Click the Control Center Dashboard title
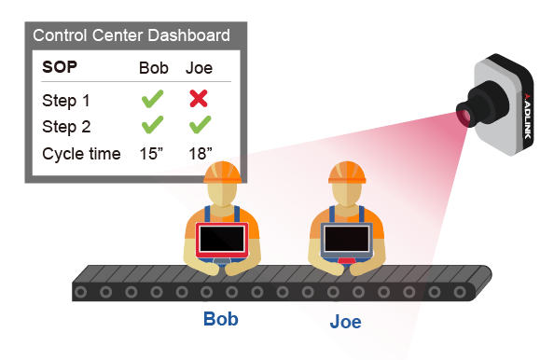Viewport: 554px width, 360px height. click(x=131, y=36)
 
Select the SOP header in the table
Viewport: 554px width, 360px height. click(x=59, y=68)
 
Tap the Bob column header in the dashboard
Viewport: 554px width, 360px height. click(x=154, y=68)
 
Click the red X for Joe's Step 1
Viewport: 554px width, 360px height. click(x=198, y=97)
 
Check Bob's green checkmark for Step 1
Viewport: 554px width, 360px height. click(x=154, y=97)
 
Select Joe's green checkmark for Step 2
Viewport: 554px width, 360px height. click(x=198, y=125)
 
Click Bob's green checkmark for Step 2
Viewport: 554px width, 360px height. click(x=154, y=125)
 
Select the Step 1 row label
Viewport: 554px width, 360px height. click(x=66, y=98)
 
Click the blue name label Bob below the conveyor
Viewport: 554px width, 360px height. click(x=221, y=319)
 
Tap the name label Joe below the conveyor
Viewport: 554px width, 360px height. click(x=345, y=323)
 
